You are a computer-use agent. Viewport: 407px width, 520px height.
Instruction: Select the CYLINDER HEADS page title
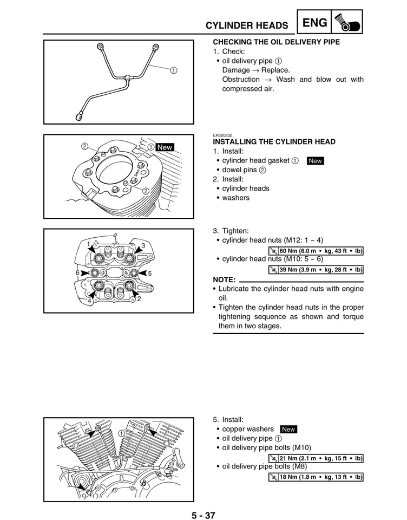(x=246, y=25)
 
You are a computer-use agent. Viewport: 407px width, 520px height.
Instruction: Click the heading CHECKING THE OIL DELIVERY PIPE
(x=276, y=42)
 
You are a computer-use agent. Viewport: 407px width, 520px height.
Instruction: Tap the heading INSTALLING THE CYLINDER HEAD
(x=274, y=142)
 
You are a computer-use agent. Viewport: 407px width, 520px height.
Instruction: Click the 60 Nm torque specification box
(x=316, y=251)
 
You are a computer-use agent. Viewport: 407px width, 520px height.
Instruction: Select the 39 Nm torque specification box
(x=316, y=270)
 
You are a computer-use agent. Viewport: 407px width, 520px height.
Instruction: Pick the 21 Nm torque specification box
(x=316, y=458)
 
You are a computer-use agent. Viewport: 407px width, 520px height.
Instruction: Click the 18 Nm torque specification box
(x=316, y=477)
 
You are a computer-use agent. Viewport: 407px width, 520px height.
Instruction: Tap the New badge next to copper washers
(x=288, y=430)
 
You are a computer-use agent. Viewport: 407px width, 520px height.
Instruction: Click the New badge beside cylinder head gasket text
(x=315, y=161)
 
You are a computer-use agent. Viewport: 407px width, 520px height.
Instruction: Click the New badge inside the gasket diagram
(x=165, y=147)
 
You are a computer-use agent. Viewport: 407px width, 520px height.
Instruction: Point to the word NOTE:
(x=225, y=279)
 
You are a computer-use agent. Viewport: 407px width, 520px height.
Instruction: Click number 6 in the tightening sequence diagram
(x=78, y=272)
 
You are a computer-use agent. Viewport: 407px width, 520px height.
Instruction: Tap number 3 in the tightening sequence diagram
(x=143, y=246)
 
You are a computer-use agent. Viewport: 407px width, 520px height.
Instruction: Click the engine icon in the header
(x=346, y=23)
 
